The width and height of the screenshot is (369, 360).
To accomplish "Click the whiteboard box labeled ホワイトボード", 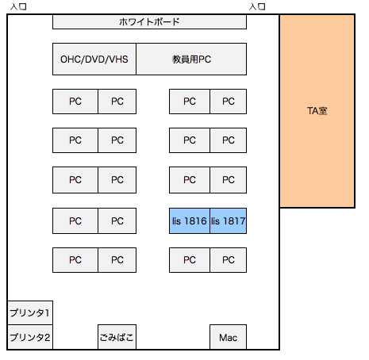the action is (x=149, y=21).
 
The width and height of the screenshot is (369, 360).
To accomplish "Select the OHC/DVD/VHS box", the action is (x=94, y=59).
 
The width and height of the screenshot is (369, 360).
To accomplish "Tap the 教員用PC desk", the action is (x=191, y=59).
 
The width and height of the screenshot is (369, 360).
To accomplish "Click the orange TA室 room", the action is (x=317, y=111).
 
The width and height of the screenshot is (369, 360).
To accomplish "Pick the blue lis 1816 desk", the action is (x=190, y=221).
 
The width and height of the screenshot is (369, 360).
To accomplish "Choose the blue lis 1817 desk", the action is (x=229, y=221).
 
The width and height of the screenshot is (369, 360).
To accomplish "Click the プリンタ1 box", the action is (x=30, y=312).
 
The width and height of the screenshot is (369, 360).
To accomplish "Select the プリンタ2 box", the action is (x=30, y=337).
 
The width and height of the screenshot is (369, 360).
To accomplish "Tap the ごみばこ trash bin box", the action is (x=117, y=337).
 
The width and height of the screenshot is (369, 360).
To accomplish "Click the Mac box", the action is (x=228, y=337).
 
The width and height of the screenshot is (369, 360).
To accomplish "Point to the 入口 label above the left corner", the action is (x=18, y=6).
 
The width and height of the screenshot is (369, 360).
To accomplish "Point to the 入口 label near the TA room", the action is (x=257, y=6).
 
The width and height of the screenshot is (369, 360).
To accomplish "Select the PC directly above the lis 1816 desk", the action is (x=190, y=180).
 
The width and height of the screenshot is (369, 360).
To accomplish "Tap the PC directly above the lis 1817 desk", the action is (x=229, y=180).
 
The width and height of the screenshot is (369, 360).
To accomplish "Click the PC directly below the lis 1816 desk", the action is (x=190, y=260).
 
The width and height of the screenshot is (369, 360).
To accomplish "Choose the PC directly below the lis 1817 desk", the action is (x=229, y=260).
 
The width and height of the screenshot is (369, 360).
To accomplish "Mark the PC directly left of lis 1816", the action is (x=117, y=221).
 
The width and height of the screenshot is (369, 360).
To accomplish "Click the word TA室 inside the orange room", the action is (x=317, y=111).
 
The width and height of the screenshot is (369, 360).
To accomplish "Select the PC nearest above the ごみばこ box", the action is (x=117, y=260).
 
